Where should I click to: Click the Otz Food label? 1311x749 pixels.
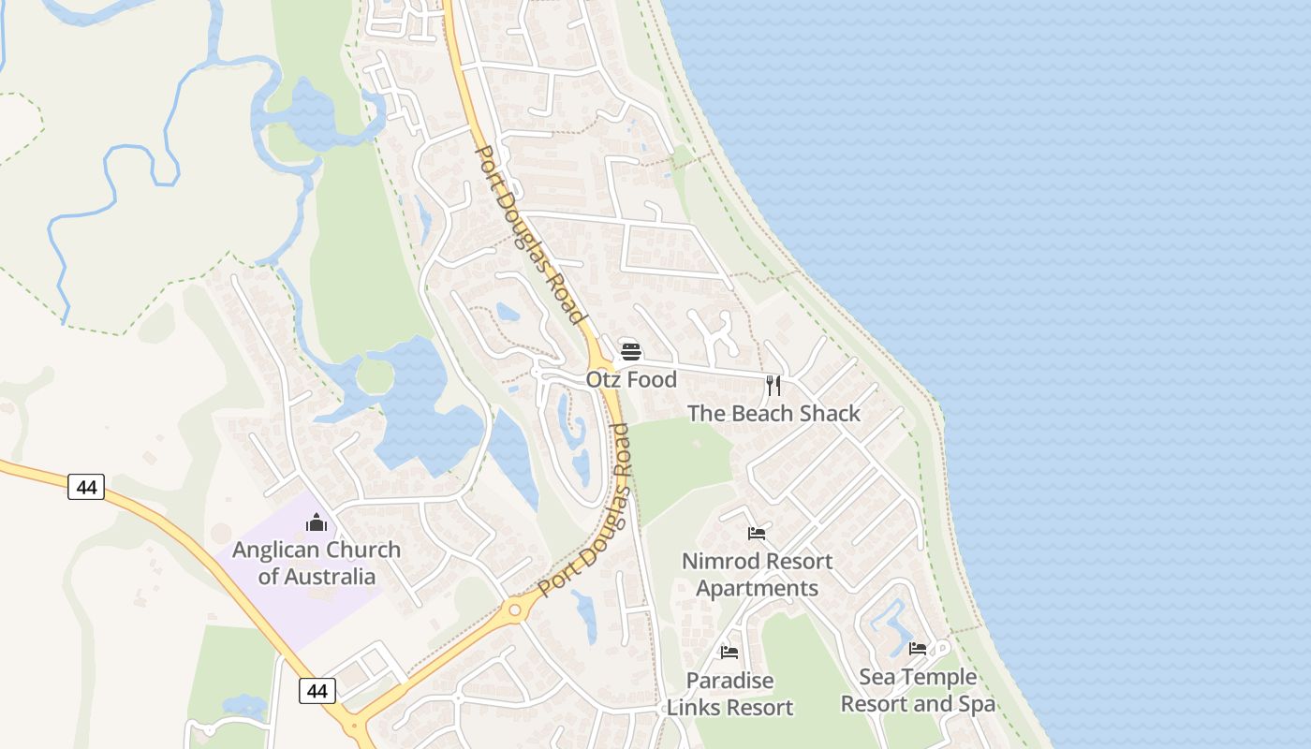[631, 379]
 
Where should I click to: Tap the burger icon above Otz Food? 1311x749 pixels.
[631, 352]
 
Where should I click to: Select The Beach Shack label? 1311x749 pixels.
[773, 413]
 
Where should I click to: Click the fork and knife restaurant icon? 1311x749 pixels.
[773, 385]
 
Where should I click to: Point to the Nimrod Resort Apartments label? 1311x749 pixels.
[757, 575]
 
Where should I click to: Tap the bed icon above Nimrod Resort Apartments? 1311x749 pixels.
[757, 534]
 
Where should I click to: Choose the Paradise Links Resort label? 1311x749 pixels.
[729, 694]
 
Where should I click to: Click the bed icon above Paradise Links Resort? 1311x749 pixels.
[729, 652]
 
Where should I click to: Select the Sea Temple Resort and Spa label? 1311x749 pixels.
[918, 690]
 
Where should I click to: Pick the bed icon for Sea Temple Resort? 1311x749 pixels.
[918, 648]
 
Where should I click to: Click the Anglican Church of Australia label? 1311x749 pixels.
[317, 563]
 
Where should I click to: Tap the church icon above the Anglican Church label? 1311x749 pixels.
[317, 521]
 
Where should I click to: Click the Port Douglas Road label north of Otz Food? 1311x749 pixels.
[530, 234]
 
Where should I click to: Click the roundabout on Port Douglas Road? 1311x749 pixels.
[514, 611]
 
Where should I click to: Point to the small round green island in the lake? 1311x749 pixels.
[375, 376]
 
